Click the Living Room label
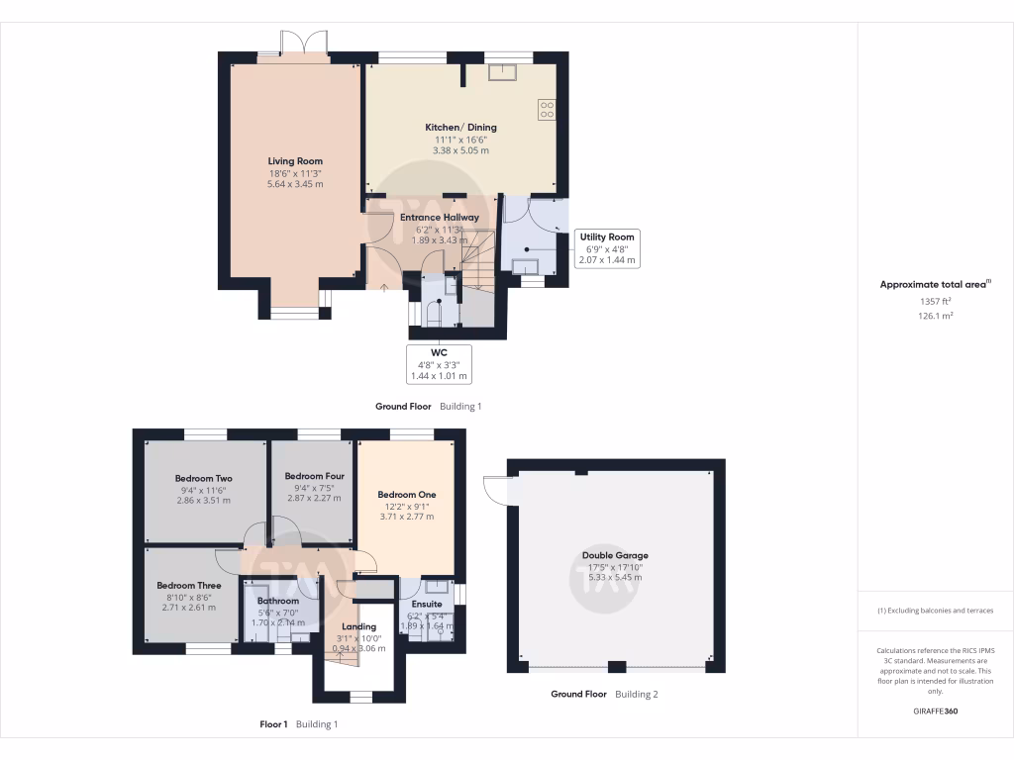point(295,161)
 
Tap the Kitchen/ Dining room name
point(460,128)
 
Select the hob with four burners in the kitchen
point(546,109)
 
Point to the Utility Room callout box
point(608,248)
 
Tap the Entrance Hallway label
point(439,218)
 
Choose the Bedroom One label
point(406,495)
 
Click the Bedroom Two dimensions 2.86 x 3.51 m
point(203,501)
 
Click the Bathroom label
point(278,601)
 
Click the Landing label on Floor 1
point(358,626)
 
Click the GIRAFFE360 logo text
point(936,712)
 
